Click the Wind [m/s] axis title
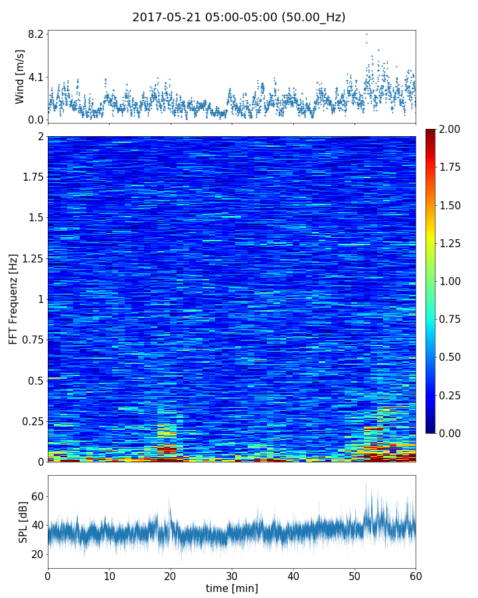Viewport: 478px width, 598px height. (x=20, y=76)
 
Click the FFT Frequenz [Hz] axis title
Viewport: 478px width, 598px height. (x=13, y=299)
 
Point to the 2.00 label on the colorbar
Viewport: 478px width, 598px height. (x=454, y=130)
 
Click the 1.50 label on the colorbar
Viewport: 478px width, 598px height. (x=454, y=205)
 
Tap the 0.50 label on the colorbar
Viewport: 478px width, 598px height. (x=454, y=357)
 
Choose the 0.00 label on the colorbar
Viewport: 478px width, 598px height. (x=454, y=433)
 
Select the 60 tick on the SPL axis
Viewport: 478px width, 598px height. (x=37, y=496)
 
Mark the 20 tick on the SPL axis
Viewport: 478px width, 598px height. (x=37, y=554)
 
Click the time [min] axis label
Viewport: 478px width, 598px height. (x=232, y=588)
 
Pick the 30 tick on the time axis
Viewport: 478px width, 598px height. (x=232, y=575)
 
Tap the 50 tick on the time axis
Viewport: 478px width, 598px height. (x=355, y=575)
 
